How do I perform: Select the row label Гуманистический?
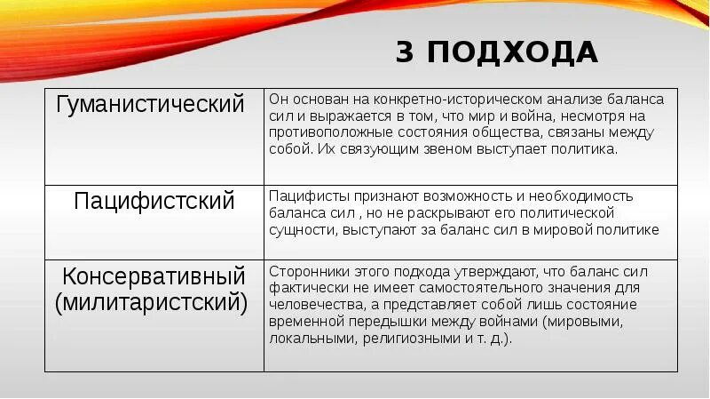tap(150, 105)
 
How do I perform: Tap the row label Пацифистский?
tap(154, 201)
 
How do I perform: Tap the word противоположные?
tap(322, 133)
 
